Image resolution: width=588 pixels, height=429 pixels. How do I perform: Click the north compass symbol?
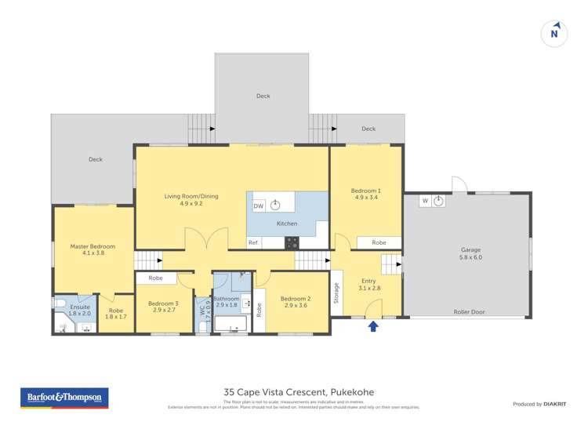click(x=554, y=33)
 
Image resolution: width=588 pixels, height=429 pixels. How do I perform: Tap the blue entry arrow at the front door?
click(x=373, y=325)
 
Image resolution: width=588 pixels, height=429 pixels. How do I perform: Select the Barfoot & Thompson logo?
click(x=64, y=398)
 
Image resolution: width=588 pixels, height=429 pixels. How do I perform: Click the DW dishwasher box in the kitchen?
click(x=258, y=205)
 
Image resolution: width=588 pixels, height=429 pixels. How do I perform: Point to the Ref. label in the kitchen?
click(x=253, y=243)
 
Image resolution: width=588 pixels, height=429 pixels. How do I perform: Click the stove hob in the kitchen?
click(x=292, y=242)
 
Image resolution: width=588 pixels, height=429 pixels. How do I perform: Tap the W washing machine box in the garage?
click(x=425, y=201)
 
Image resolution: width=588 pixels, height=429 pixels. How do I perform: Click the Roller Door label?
click(x=469, y=311)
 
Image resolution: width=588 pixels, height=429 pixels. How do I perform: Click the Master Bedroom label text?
click(x=93, y=246)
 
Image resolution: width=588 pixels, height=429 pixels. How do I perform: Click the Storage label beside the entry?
click(x=336, y=292)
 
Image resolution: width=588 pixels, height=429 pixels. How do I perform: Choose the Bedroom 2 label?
click(x=296, y=299)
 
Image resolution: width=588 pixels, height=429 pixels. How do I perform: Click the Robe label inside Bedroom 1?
click(x=379, y=242)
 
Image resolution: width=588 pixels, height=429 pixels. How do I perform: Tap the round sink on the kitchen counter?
click(x=275, y=205)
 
